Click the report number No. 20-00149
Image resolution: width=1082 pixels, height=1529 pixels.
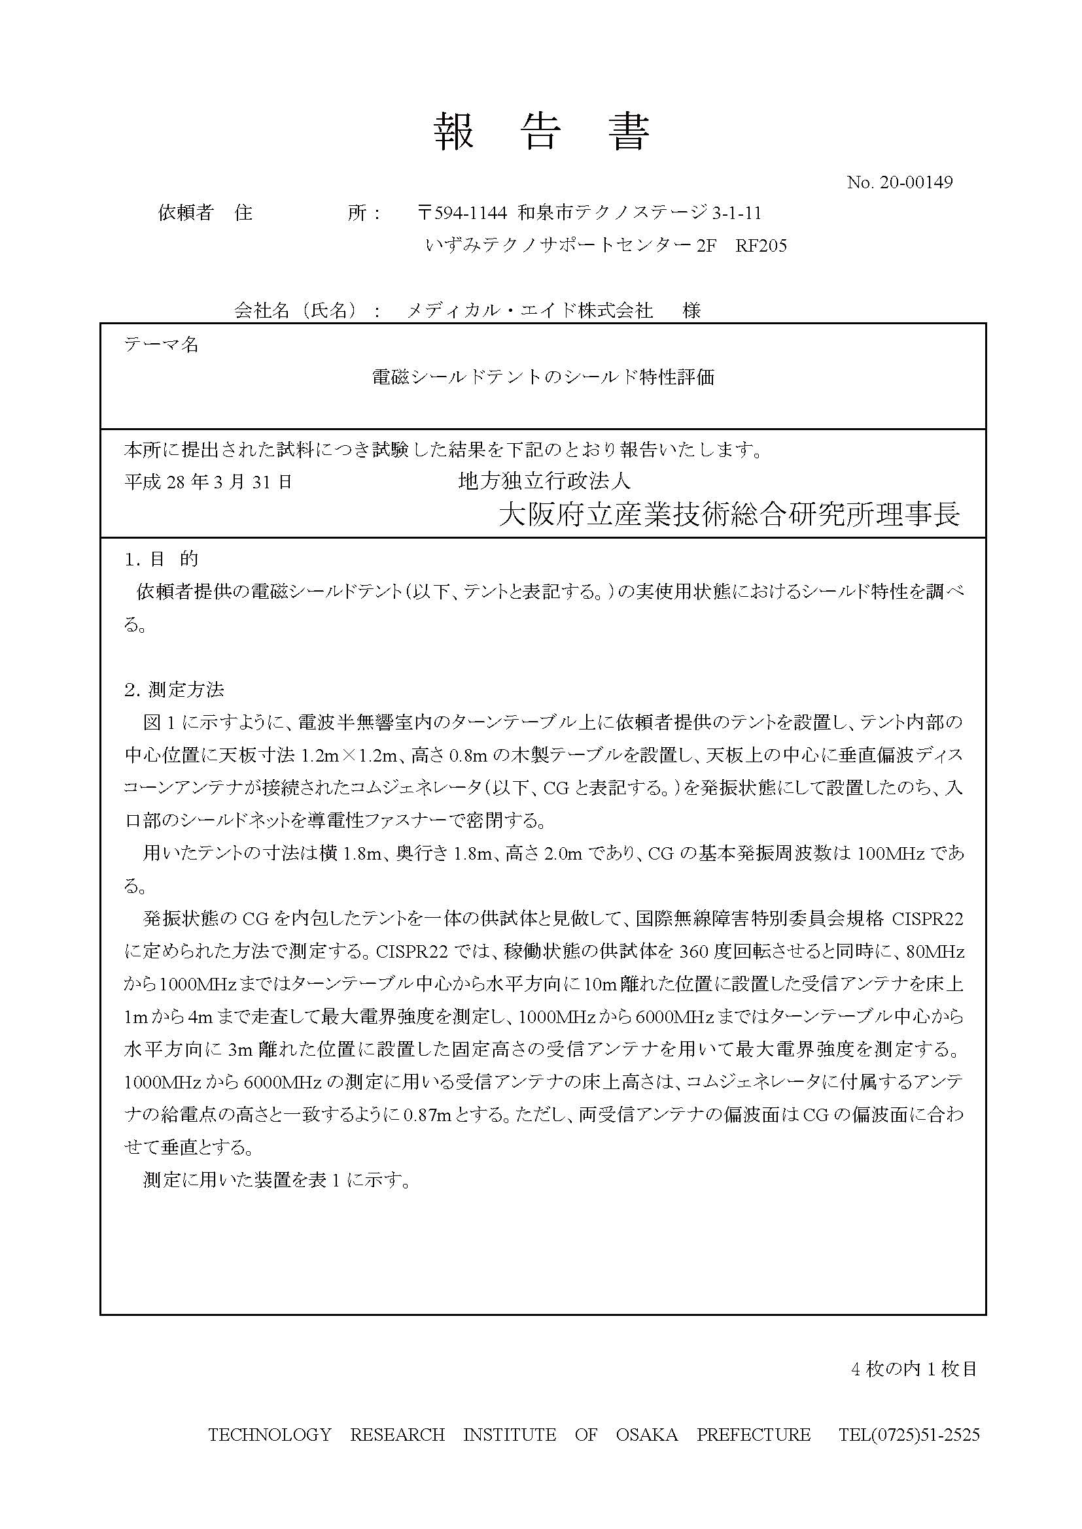[x=899, y=182]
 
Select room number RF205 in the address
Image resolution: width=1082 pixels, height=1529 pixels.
[x=761, y=246]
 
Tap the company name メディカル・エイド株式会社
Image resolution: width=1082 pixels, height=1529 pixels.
[x=530, y=311]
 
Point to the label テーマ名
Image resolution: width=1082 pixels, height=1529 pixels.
[x=161, y=344]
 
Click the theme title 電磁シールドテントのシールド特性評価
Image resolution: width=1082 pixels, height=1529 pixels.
[x=543, y=378]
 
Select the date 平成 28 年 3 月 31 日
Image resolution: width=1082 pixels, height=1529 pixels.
[x=209, y=482]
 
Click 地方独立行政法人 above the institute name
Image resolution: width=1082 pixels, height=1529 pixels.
[x=544, y=481]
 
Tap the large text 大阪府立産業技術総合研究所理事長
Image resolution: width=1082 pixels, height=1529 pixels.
[x=729, y=514]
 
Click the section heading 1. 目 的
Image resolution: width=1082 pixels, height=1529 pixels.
[x=161, y=559]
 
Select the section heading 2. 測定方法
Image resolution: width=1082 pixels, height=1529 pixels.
[x=174, y=689]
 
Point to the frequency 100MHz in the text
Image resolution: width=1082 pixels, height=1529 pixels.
[x=890, y=853]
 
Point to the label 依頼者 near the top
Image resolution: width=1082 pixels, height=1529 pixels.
[x=185, y=213]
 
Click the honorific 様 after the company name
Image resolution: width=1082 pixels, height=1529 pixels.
[x=691, y=311]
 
